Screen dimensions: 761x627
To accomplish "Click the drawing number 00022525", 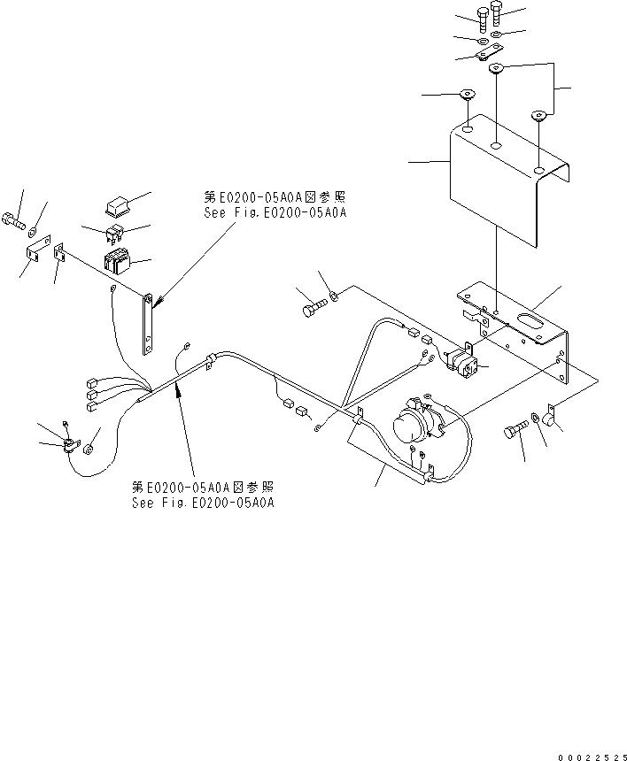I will tap(591, 757).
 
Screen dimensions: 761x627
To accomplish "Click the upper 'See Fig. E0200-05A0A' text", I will tap(274, 213).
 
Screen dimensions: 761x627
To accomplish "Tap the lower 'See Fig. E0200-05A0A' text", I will tap(203, 503).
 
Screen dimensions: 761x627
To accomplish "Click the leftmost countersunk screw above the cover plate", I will tap(464, 93).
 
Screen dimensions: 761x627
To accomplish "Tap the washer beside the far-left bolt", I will tap(34, 233).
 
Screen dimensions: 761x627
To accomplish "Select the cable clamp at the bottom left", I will tap(68, 443).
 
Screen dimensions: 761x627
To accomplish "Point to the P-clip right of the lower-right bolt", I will tap(546, 415).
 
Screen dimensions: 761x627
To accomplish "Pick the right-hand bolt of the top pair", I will tap(495, 13).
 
